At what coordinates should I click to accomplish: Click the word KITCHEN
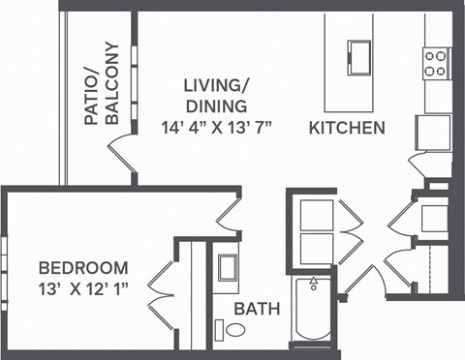coord(347,128)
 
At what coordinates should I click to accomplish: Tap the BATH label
coord(257,310)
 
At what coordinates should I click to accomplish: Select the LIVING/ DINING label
coord(215,95)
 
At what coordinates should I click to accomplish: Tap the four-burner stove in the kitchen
coord(435,64)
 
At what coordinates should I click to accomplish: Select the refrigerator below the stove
coord(431,131)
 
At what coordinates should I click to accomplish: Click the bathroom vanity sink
coord(229,267)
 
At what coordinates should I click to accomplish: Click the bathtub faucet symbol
coord(313,284)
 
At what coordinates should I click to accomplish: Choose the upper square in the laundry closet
coord(315,214)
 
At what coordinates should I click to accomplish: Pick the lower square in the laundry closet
coord(315,247)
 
